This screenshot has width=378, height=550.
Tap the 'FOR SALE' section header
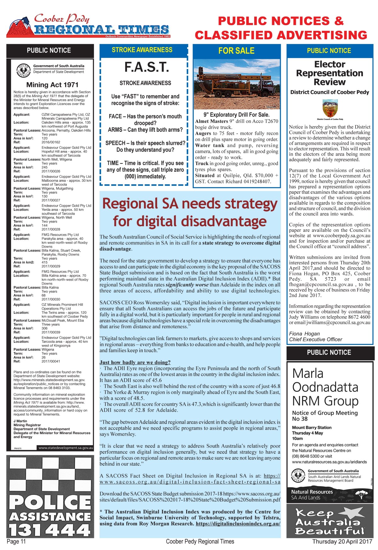tap(236, 51)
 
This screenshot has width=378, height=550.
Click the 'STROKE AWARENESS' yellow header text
tap(142, 50)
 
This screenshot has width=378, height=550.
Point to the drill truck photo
tap(236, 84)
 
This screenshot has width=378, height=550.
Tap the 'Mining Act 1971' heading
tap(52, 85)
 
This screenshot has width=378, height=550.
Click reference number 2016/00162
tap(51, 142)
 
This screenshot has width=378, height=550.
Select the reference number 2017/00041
tap(51, 361)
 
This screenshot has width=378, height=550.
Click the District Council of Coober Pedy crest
tap(330, 108)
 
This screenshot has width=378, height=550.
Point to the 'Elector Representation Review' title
tap(329, 73)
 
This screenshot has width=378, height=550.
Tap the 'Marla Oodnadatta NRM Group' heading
tap(325, 387)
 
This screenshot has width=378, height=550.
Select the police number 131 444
tap(50, 530)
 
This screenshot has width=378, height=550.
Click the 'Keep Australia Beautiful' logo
tap(330, 522)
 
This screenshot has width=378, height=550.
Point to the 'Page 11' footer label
tap(16, 541)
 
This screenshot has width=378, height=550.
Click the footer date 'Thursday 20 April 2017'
tap(342, 541)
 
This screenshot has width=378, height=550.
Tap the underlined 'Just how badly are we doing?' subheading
tap(135, 362)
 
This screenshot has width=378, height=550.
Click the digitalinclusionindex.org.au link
tap(238, 524)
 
